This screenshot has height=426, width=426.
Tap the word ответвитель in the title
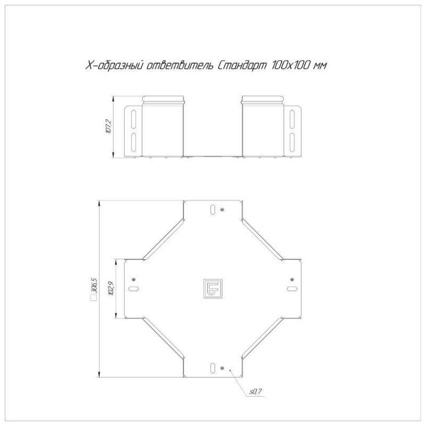pyautogui.click(x=179, y=65)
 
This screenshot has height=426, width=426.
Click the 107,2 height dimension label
pyautogui.click(x=109, y=127)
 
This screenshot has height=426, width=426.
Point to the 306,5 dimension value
pyautogui.click(x=95, y=285)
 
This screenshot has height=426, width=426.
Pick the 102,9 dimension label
pyautogui.click(x=111, y=288)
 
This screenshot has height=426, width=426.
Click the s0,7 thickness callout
pyautogui.click(x=256, y=391)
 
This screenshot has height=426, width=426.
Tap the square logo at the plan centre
pyautogui.click(x=213, y=289)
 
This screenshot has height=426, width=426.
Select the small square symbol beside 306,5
pyautogui.click(x=94, y=298)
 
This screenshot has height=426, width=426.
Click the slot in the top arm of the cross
pyautogui.click(x=213, y=209)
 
